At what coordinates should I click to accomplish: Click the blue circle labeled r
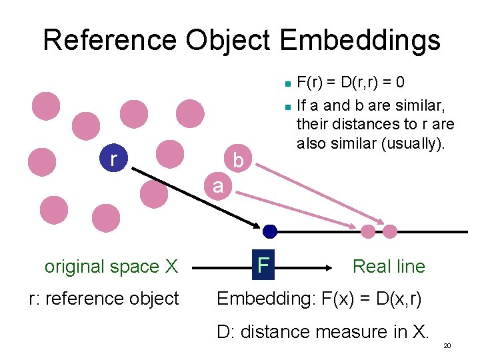tap(113, 159)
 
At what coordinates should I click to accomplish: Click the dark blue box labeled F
tap(263, 265)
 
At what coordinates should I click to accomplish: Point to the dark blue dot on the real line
tap(269, 231)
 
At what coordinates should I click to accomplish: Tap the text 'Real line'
tap(388, 266)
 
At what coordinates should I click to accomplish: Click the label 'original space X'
tap(111, 267)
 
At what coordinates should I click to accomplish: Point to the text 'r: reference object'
tap(104, 298)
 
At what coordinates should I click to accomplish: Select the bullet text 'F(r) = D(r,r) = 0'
tap(350, 83)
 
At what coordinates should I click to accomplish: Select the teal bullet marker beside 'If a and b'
tap(285, 105)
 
